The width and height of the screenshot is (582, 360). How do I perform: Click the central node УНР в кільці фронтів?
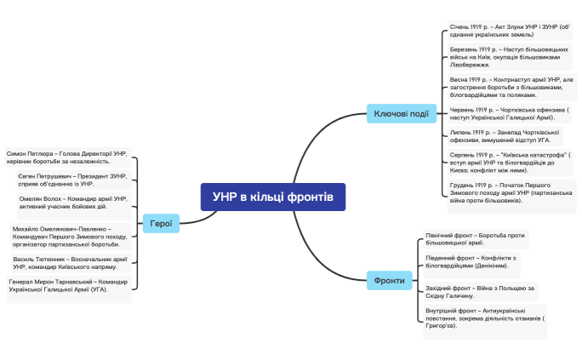[x=273, y=197]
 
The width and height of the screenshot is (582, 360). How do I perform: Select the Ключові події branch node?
[x=402, y=114]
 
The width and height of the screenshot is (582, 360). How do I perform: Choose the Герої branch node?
[x=161, y=225]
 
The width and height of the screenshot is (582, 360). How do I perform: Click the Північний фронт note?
[x=476, y=238]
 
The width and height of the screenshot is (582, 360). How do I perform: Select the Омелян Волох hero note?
[x=73, y=203]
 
